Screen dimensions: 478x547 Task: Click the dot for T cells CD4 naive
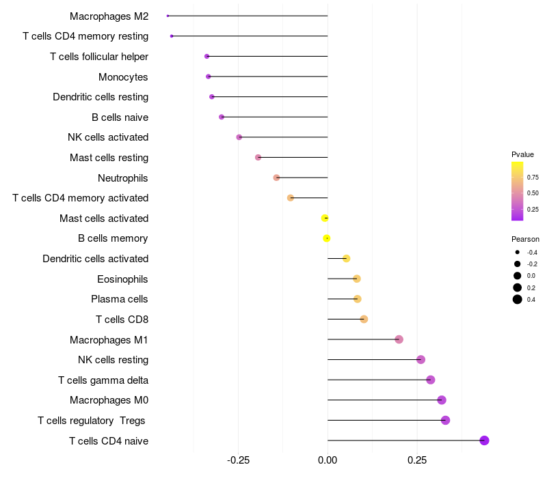[x=484, y=440]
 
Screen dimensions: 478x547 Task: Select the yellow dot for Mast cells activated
[x=325, y=218]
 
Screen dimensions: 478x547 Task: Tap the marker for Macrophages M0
[x=442, y=400]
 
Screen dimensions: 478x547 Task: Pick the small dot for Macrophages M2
[x=168, y=16]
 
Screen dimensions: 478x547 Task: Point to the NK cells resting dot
[x=421, y=360]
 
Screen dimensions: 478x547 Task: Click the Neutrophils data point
[x=276, y=178]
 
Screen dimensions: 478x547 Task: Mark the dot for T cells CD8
[x=364, y=320]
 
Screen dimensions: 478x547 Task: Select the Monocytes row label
[x=123, y=76]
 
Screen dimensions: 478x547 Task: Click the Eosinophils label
[x=122, y=279]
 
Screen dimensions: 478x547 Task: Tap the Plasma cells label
[x=120, y=299]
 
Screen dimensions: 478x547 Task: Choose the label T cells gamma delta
[x=103, y=380]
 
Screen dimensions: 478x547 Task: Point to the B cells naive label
[x=120, y=117]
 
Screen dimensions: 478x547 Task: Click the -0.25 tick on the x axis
[x=238, y=460]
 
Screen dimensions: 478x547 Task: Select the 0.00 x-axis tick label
[x=328, y=460]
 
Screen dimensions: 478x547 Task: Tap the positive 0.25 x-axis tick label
[x=417, y=460]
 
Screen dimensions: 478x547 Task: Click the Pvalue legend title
[x=522, y=154]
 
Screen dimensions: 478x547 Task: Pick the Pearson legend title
[x=525, y=240]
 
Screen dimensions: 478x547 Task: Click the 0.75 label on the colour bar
[x=533, y=178]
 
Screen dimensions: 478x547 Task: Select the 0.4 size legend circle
[x=518, y=299]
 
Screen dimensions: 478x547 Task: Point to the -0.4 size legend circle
[x=518, y=253]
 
